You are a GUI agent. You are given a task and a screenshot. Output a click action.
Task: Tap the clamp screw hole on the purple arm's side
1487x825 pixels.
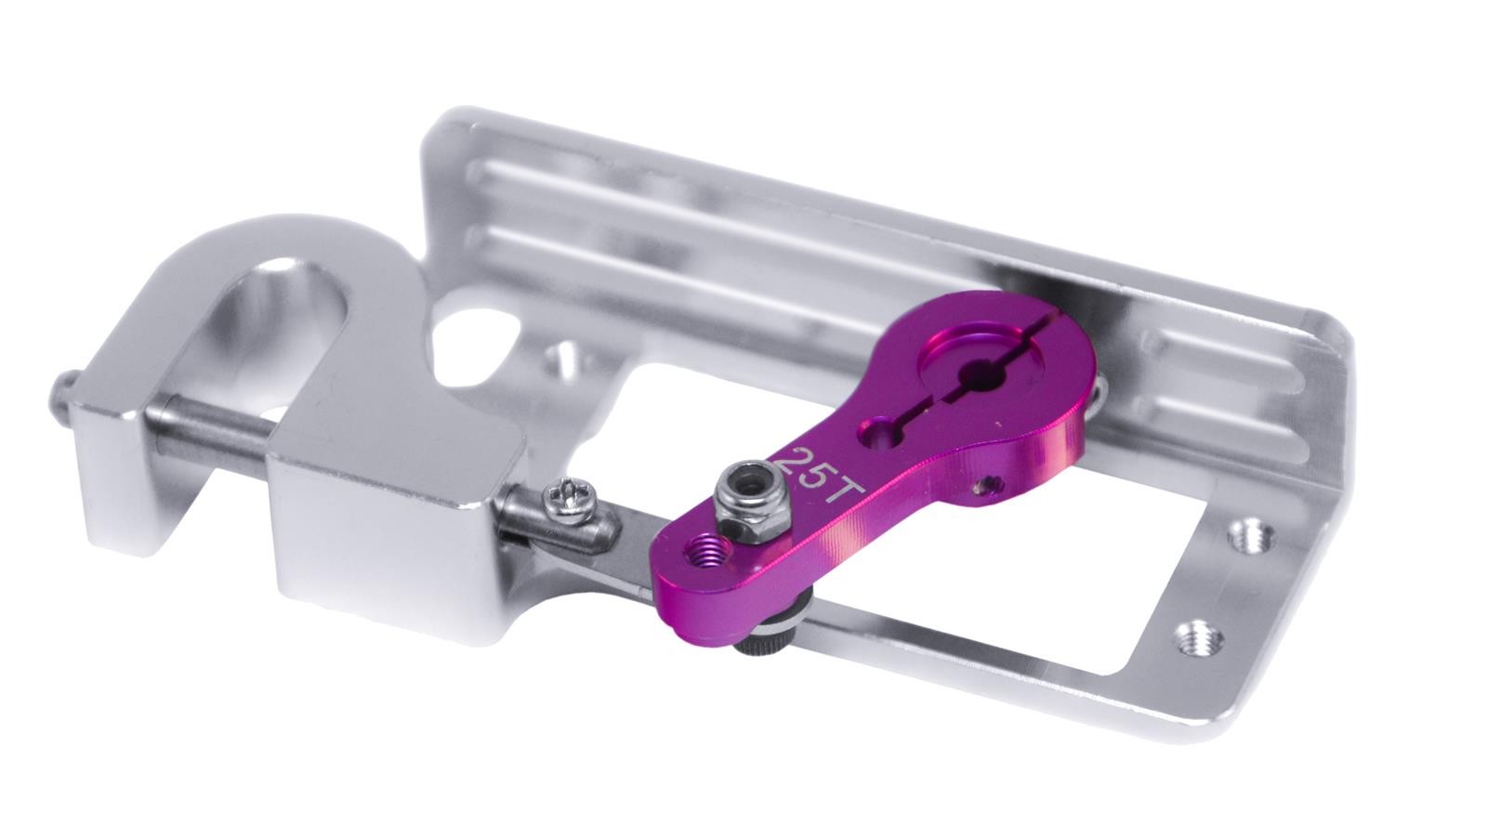point(987,486)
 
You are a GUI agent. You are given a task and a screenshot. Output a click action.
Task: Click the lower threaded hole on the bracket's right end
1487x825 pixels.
point(1199,639)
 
